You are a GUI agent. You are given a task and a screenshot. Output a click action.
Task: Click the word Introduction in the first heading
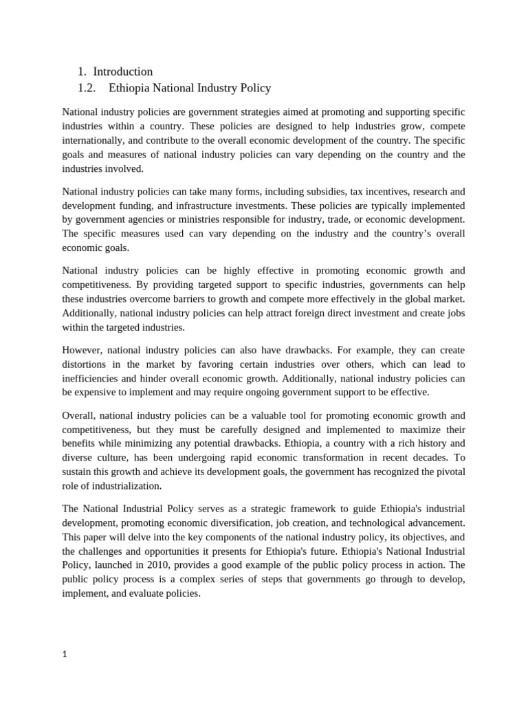click(122, 71)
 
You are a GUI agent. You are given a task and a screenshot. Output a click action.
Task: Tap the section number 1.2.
click(89, 88)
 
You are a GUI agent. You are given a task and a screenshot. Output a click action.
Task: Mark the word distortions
click(88, 364)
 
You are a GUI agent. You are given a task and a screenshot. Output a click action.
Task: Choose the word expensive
click(105, 392)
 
